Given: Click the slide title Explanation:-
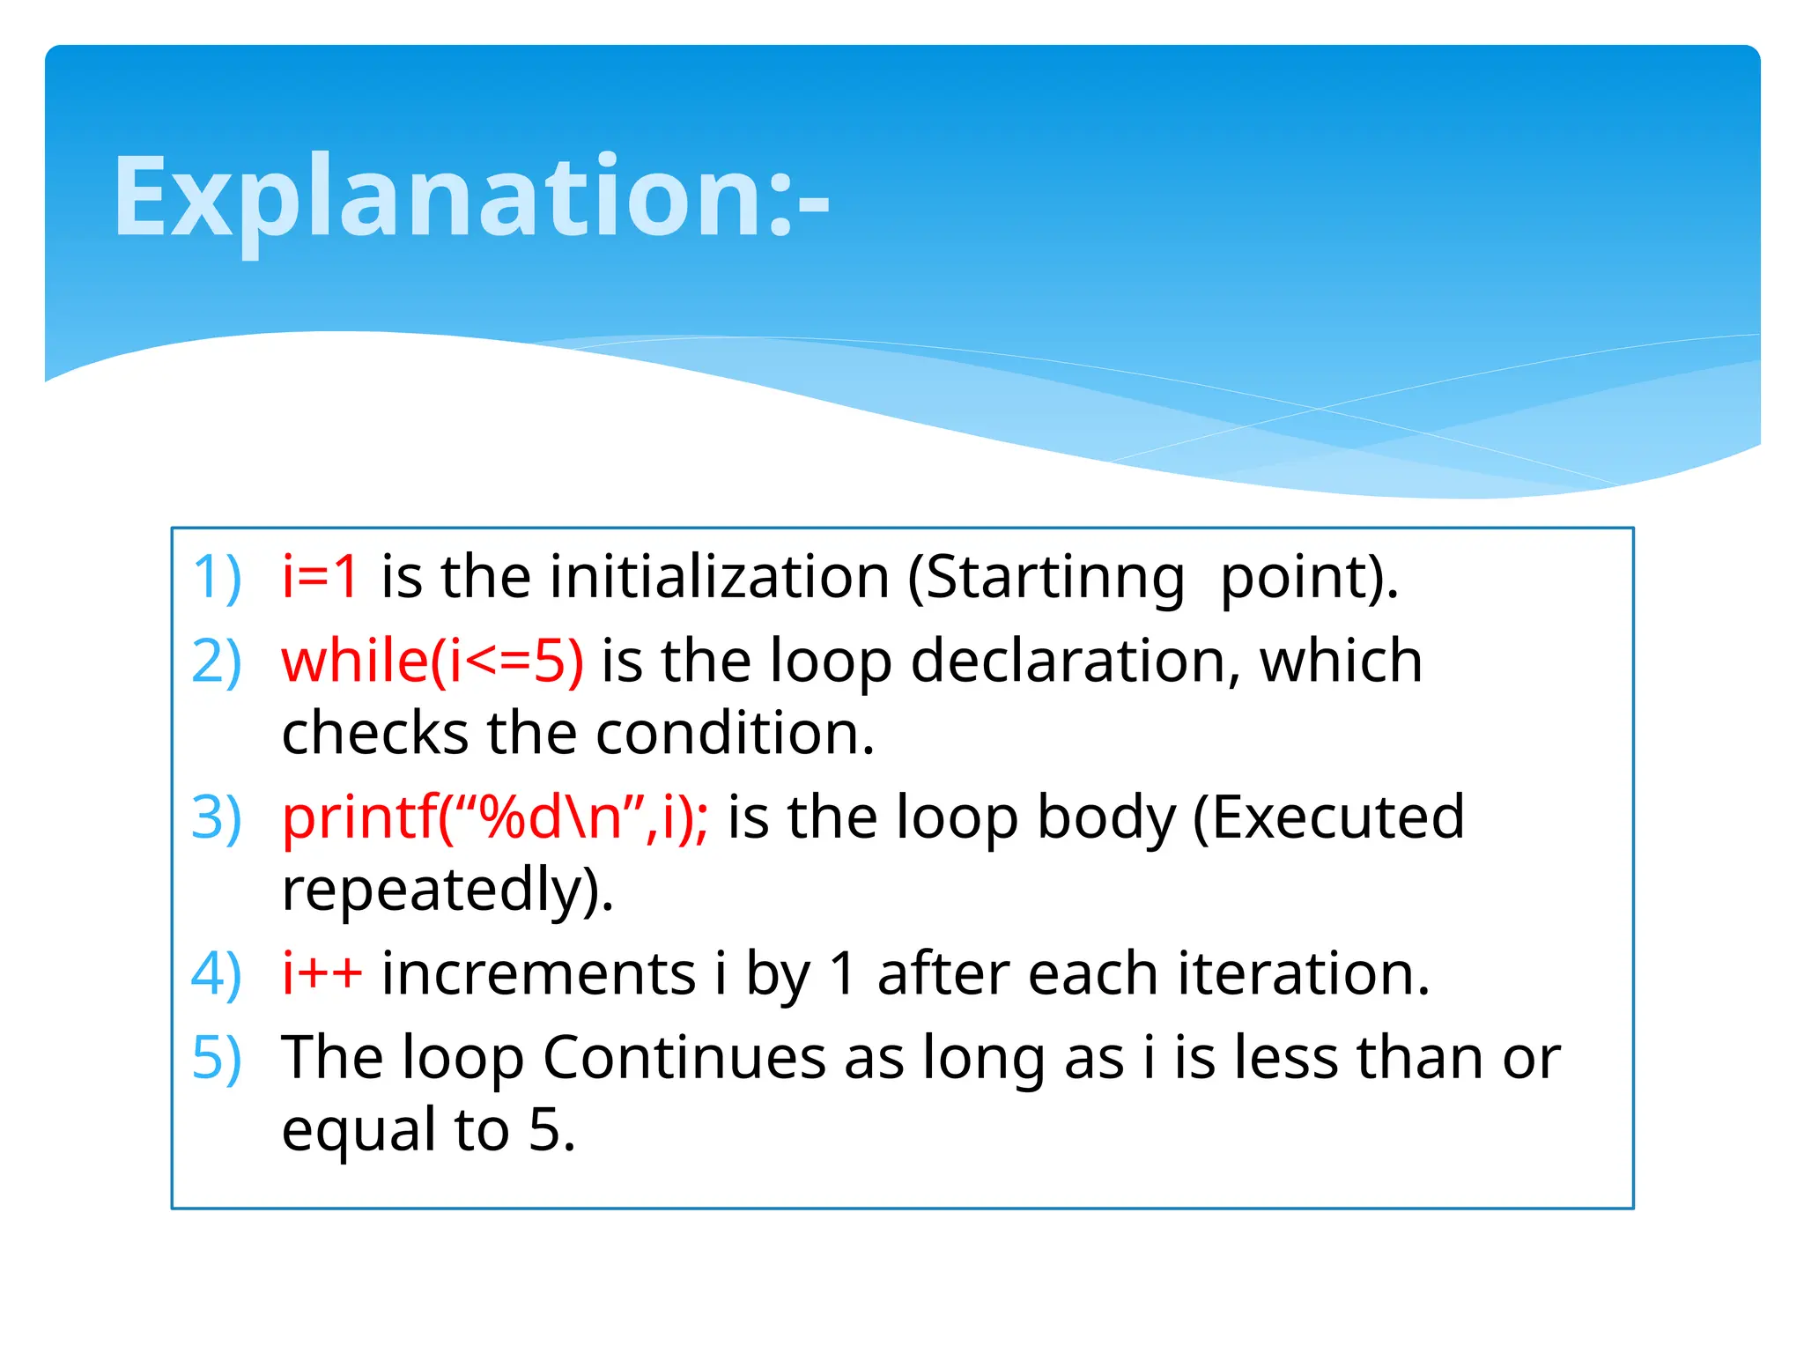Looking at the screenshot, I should click(x=471, y=198).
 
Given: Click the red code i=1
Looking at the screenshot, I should click(x=320, y=577).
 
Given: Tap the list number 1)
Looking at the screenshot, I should click(x=217, y=578).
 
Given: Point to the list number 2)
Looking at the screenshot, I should click(x=217, y=662).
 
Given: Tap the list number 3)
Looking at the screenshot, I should click(x=217, y=817).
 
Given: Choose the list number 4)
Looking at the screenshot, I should click(x=217, y=974).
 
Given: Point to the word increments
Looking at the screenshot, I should click(x=538, y=974).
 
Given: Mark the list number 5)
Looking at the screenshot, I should click(x=217, y=1058).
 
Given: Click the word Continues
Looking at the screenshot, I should click(x=684, y=1057).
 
